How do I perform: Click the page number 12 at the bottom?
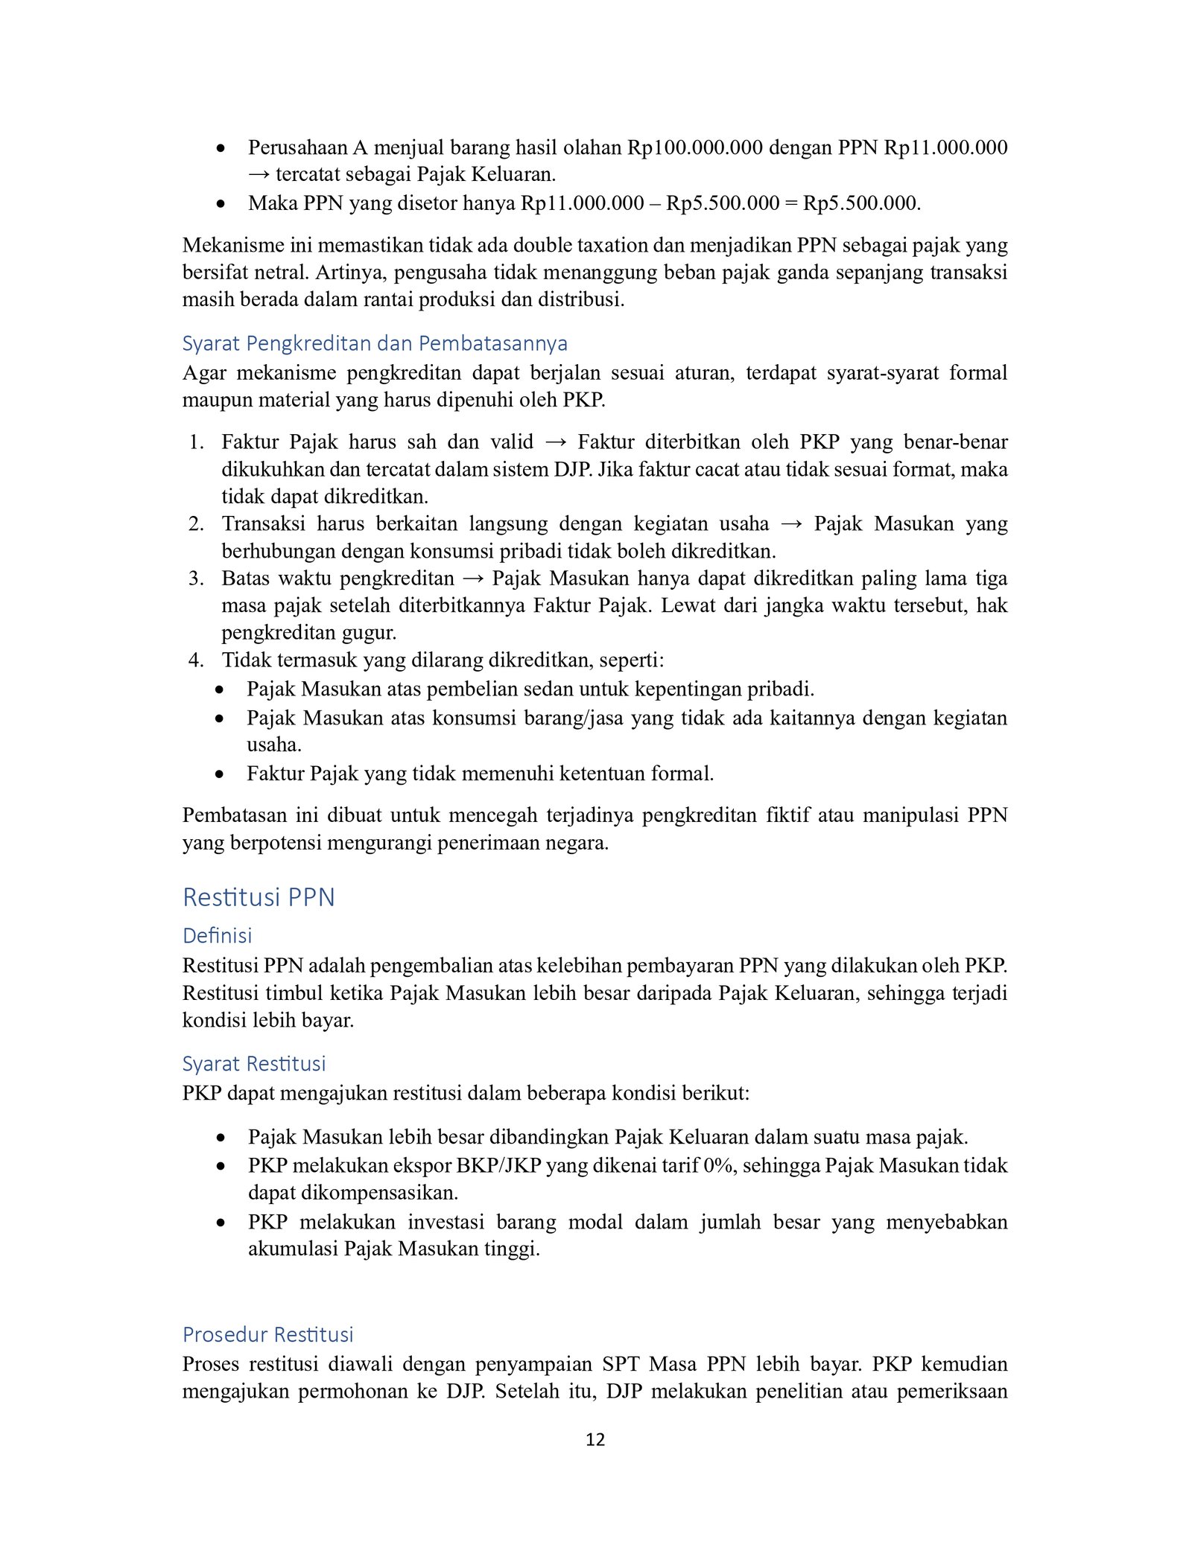point(595,1439)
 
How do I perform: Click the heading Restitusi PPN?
point(259,897)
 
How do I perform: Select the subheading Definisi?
point(217,935)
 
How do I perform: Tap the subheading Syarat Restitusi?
point(254,1063)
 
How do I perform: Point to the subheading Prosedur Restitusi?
point(267,1334)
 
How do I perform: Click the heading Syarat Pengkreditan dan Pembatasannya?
point(375,343)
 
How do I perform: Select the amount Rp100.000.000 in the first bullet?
point(694,147)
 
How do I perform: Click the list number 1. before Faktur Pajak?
point(196,442)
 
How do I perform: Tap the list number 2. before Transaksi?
point(196,524)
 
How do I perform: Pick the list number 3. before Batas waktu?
point(196,579)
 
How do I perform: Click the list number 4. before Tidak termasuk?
point(196,660)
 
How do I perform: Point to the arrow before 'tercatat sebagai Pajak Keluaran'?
point(259,175)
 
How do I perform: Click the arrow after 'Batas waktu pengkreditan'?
point(473,579)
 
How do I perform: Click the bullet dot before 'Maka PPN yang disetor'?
point(221,203)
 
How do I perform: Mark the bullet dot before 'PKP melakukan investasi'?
point(221,1223)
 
